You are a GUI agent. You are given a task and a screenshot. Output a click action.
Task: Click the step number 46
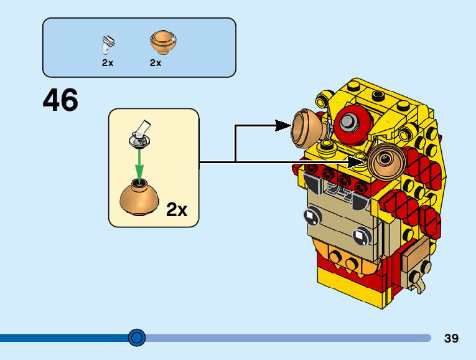pos(60,100)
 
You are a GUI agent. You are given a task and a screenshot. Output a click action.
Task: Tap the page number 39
pos(452,338)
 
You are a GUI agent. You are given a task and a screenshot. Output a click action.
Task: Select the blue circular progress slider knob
pos(136,338)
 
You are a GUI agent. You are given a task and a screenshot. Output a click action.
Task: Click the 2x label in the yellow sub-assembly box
pos(177,210)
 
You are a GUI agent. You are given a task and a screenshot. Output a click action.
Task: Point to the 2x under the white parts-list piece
pos(108,63)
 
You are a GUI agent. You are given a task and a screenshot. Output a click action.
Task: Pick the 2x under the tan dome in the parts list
pos(156,63)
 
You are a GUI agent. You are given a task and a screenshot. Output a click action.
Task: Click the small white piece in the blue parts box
pos(108,44)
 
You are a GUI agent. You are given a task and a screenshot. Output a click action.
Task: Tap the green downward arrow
pos(140,164)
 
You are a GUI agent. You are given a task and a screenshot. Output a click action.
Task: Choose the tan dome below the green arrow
pos(141,197)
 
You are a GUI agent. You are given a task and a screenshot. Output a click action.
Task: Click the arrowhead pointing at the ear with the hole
pos(357,163)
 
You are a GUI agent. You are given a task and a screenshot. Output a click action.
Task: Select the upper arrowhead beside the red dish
pos(283,126)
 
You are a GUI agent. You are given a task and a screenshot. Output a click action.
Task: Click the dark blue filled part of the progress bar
pos(62,338)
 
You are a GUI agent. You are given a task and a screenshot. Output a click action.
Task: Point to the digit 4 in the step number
pos(52,100)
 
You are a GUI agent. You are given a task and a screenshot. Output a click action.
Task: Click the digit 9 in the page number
pos(455,338)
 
